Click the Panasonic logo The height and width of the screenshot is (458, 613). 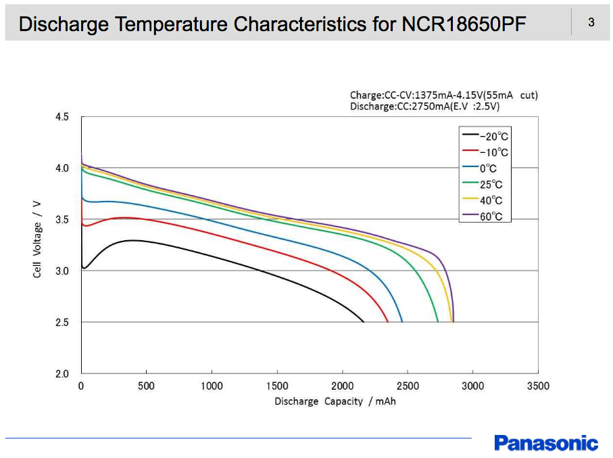(x=545, y=443)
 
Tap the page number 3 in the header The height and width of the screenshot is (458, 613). (x=591, y=23)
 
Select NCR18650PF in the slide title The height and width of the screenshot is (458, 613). (x=463, y=24)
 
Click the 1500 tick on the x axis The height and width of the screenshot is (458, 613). (x=277, y=386)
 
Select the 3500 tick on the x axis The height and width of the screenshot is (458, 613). (x=538, y=386)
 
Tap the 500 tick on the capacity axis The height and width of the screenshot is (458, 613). (x=146, y=386)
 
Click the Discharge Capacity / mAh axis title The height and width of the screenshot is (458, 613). (x=335, y=402)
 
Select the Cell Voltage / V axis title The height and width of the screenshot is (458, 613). (x=38, y=238)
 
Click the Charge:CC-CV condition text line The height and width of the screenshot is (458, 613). (x=443, y=95)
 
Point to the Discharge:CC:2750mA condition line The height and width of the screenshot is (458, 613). (x=424, y=106)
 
